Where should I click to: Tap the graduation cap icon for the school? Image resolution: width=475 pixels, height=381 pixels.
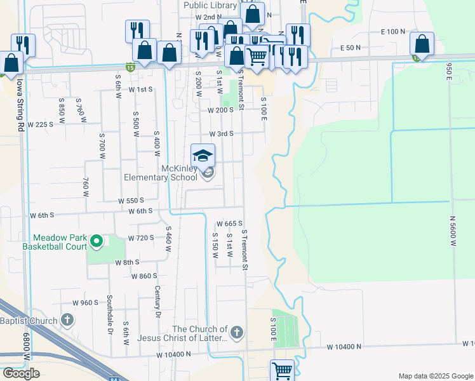[203, 156]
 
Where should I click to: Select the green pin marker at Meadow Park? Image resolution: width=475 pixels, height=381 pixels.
[96, 241]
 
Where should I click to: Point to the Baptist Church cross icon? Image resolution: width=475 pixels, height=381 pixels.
[68, 320]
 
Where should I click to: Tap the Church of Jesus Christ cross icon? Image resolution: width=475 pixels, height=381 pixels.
[236, 332]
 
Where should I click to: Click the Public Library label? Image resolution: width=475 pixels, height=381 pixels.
[210, 5]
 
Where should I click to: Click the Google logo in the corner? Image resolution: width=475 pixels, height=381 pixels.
[21, 373]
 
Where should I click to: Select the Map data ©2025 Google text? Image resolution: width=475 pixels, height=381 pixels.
[436, 376]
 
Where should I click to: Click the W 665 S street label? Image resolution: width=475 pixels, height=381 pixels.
[230, 224]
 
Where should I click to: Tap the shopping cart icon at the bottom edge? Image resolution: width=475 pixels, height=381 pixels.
[281, 370]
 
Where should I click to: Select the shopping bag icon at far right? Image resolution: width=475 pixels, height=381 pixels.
[422, 44]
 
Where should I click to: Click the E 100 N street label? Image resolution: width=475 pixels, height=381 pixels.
[392, 31]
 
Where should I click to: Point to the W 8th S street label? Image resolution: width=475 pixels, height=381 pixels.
[127, 262]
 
